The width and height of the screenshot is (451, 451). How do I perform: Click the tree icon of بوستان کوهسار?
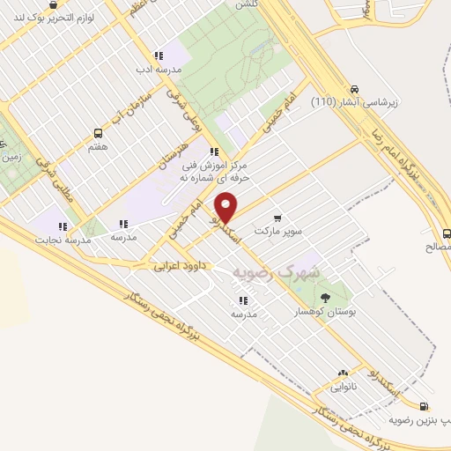point(327,297)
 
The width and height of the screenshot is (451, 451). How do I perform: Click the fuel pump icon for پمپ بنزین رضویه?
point(425,407)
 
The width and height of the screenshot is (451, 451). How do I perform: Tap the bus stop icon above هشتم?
point(98,134)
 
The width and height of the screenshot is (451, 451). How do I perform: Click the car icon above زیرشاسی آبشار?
point(354,89)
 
